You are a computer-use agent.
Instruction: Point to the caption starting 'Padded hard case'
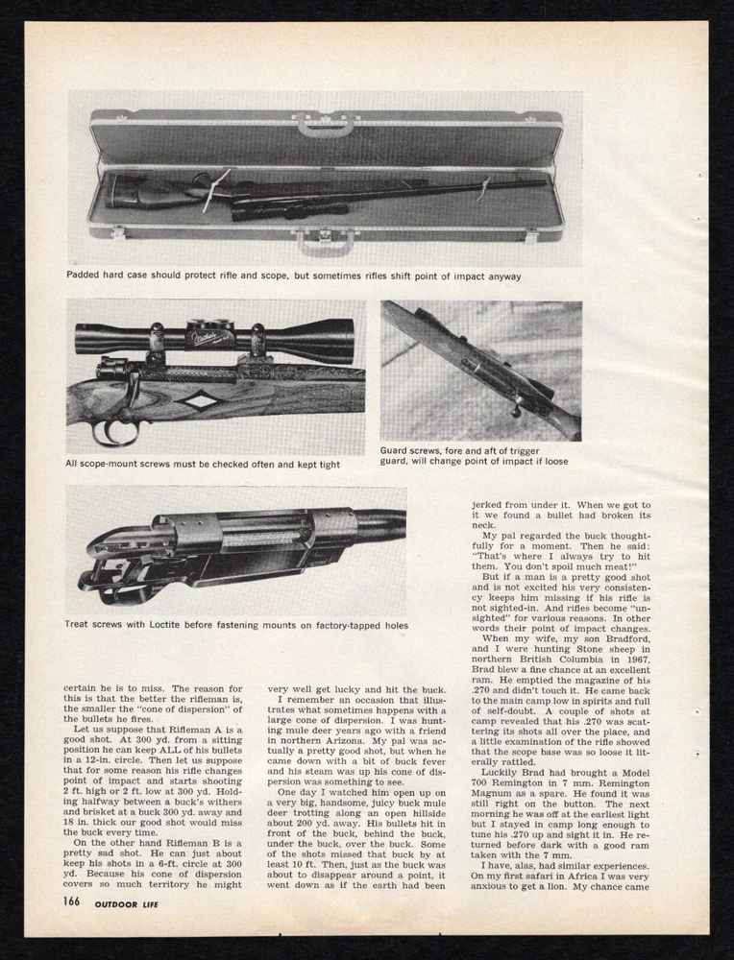(x=294, y=276)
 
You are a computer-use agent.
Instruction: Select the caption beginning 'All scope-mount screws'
(x=203, y=465)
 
